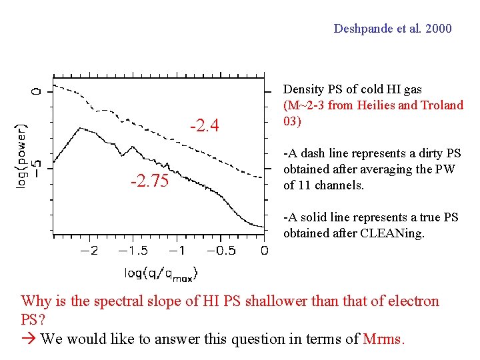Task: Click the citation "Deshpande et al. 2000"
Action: pos(392,29)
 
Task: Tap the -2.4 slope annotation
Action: pos(205,125)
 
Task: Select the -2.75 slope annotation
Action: pos(150,181)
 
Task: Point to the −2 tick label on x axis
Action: pos(89,251)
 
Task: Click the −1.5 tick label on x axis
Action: pos(133,251)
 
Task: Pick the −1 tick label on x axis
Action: pos(177,251)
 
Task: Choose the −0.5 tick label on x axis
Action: pos(221,251)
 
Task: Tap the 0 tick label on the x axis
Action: pos(264,251)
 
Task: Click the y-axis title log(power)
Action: pos(22,154)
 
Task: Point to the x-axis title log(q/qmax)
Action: pos(161,273)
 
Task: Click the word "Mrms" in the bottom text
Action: pos(383,339)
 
